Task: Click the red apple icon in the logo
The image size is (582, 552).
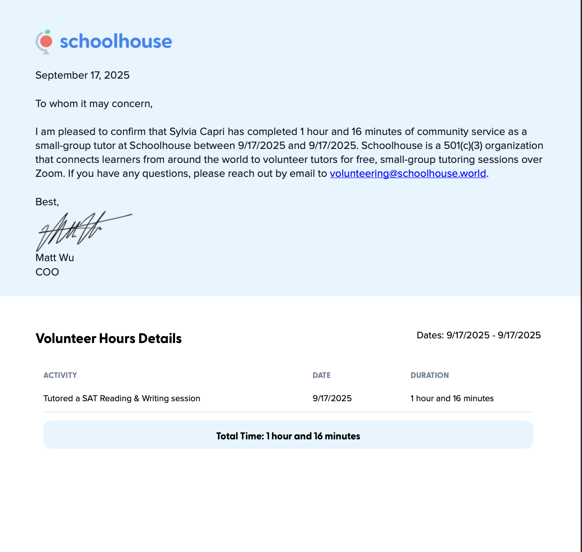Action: coord(46,41)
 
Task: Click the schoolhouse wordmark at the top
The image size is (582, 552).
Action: coord(115,41)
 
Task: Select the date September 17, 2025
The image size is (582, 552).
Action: coord(82,75)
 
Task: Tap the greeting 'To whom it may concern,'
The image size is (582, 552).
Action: coord(94,103)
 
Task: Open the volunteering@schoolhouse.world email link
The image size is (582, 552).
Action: coord(408,174)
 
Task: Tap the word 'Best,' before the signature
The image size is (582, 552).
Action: coord(47,202)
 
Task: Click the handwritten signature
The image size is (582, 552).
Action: coord(79,230)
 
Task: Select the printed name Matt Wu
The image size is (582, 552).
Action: coord(54,257)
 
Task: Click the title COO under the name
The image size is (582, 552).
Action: coord(47,272)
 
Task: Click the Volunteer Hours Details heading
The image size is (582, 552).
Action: coord(108,338)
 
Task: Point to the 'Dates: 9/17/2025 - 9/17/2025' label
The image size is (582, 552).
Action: coord(479,335)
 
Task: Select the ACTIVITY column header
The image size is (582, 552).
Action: coord(60,375)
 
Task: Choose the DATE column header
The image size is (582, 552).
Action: coord(321,375)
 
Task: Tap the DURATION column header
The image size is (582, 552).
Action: coord(429,375)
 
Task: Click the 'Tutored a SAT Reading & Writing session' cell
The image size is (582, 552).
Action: coord(122,398)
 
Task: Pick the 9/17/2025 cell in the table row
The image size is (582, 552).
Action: coord(332,398)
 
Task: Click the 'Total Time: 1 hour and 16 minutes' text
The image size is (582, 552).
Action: coord(288,436)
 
